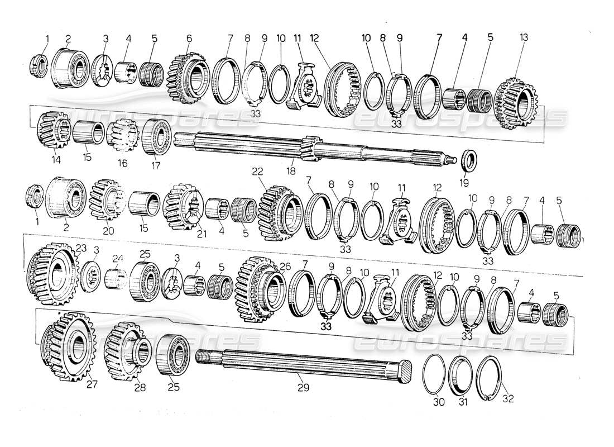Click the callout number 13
(x=522, y=38)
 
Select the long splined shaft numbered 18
(x=313, y=148)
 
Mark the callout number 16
(x=122, y=163)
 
